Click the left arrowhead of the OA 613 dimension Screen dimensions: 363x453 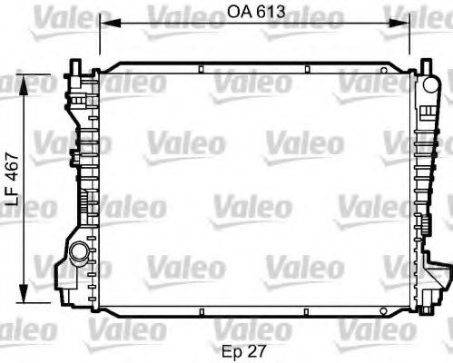tap(103, 25)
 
